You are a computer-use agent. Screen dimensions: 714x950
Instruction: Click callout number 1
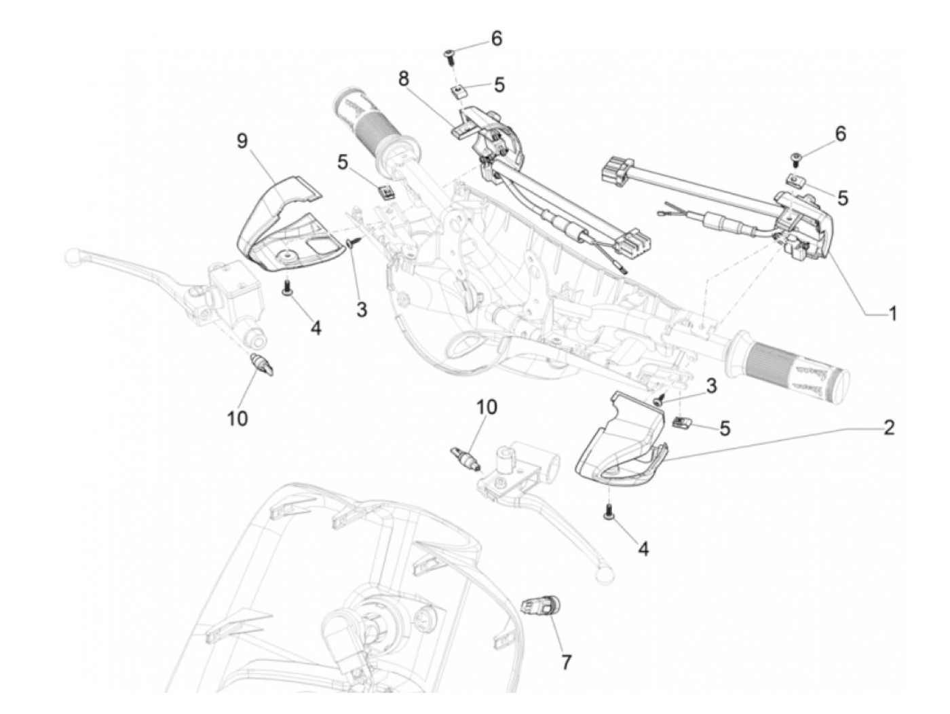[893, 313]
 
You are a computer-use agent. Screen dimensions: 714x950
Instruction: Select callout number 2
[889, 428]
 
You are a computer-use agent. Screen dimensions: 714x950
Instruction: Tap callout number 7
[566, 662]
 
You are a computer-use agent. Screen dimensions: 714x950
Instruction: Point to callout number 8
[404, 79]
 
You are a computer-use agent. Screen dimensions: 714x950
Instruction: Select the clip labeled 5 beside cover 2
[681, 422]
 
